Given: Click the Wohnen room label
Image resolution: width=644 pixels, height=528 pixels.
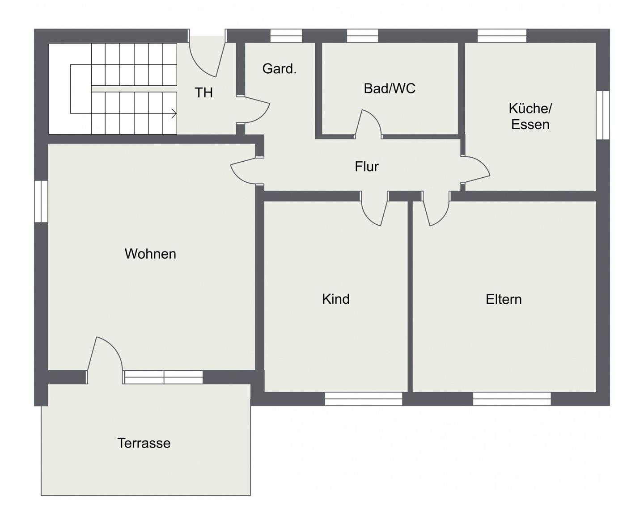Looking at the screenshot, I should click(x=150, y=254).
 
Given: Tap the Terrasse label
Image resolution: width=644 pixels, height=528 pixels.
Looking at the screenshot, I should click(x=144, y=443).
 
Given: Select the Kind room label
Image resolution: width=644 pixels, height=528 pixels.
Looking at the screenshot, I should click(x=335, y=299).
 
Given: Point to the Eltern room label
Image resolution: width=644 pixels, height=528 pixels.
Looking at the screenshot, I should click(x=504, y=299).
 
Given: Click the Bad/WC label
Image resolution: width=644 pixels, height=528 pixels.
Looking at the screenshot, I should click(x=390, y=88).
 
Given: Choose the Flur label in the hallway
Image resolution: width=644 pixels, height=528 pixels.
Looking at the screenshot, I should click(x=367, y=167).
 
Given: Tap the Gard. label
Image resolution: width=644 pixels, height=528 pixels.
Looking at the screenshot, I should click(x=280, y=69).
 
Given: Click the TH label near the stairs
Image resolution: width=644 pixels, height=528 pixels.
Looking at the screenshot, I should click(x=203, y=93).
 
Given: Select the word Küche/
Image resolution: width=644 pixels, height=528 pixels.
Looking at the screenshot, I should click(x=530, y=109).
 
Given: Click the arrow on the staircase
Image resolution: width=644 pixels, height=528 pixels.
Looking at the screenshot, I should click(x=174, y=113).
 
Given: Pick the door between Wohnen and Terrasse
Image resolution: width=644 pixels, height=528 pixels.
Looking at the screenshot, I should click(x=104, y=357).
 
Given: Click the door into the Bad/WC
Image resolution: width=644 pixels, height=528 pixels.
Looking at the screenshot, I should click(x=369, y=124).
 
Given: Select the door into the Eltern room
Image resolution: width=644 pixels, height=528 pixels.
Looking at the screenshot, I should click(x=436, y=210).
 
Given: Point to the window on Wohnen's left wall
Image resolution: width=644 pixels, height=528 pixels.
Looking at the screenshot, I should click(x=41, y=201).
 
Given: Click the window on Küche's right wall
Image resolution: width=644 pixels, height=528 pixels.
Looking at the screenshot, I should click(x=603, y=115).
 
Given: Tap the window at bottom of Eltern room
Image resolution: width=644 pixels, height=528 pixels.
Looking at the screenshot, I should click(x=512, y=399).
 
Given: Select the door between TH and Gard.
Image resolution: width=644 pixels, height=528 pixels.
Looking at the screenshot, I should click(x=254, y=109).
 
